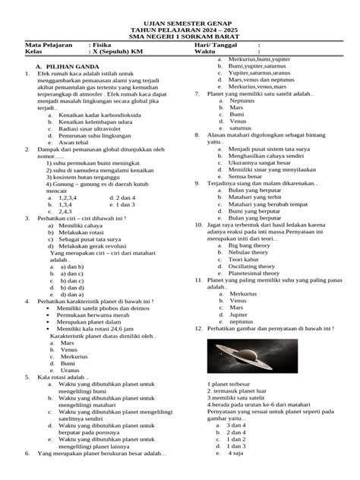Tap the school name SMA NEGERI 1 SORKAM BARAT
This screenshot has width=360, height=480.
(x=179, y=36)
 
